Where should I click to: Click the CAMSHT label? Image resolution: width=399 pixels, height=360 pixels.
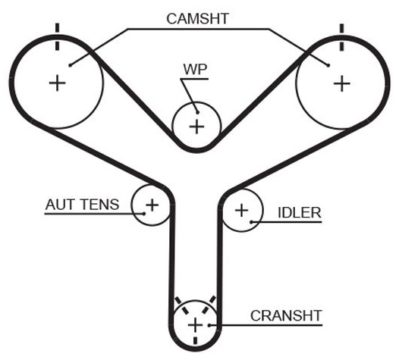click(x=197, y=19)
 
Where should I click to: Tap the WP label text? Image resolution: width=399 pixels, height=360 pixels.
click(x=195, y=69)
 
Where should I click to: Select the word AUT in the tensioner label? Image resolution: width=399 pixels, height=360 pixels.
click(x=60, y=205)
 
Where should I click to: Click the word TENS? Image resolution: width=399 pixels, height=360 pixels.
click(x=100, y=205)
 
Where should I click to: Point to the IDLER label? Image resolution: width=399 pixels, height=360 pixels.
click(x=300, y=213)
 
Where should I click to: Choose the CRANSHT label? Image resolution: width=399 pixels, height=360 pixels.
click(x=286, y=315)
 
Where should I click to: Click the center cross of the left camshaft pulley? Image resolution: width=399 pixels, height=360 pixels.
click(x=57, y=83)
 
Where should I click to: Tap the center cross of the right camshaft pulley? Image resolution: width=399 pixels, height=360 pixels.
click(x=342, y=83)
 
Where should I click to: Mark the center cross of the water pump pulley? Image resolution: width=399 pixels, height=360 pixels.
click(x=196, y=127)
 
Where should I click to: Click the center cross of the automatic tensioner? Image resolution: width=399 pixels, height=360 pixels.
click(x=152, y=205)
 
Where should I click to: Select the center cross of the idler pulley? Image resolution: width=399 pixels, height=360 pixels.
click(x=241, y=211)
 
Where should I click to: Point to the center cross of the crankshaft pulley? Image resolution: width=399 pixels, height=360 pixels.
click(x=195, y=325)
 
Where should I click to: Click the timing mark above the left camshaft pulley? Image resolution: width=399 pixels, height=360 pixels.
click(x=57, y=37)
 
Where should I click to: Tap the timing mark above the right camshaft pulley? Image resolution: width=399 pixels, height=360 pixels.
click(x=342, y=37)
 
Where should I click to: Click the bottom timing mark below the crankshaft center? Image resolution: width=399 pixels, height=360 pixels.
click(x=195, y=341)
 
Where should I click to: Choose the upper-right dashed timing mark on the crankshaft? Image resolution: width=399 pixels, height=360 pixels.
click(x=209, y=305)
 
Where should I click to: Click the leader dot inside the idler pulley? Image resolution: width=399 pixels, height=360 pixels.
click(x=251, y=222)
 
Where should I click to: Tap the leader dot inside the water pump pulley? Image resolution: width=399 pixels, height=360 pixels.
click(x=197, y=112)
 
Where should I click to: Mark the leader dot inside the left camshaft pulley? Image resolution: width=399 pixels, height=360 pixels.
click(x=71, y=65)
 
